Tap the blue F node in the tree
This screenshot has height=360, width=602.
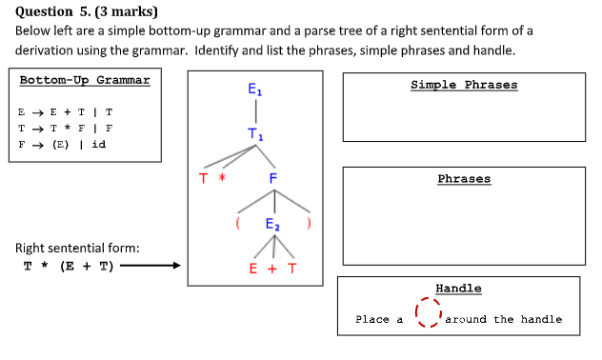(272, 178)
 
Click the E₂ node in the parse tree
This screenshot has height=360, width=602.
(272, 226)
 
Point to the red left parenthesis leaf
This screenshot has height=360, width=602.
(236, 225)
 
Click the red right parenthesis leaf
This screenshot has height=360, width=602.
(310, 225)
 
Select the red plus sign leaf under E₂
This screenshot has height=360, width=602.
(272, 269)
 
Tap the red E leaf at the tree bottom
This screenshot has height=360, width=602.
(253, 269)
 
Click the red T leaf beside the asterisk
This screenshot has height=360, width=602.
(203, 178)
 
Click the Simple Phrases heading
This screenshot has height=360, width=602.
(464, 85)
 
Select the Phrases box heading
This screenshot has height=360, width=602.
(464, 178)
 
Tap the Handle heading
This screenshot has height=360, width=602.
(458, 288)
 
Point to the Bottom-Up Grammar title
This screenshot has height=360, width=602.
(85, 80)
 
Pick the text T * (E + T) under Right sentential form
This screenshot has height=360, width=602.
(68, 267)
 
